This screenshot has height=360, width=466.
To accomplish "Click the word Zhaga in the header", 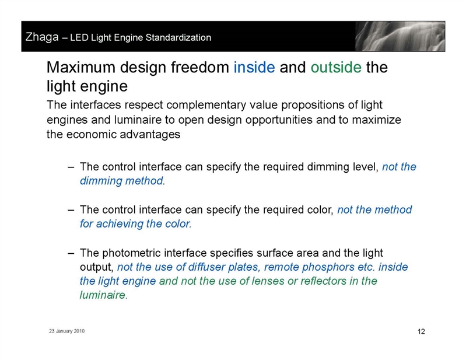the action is pyautogui.click(x=42, y=37).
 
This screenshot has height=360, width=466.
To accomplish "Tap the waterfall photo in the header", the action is pyautogui.click(x=400, y=36).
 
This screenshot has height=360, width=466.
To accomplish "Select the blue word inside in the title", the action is pyautogui.click(x=254, y=67).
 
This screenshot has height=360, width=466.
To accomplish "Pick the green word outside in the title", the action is pyautogui.click(x=336, y=67).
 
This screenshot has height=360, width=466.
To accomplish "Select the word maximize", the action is pyautogui.click(x=377, y=120).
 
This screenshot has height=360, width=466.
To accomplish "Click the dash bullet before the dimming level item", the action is pyautogui.click(x=71, y=167).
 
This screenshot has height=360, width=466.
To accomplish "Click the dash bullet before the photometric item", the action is pyautogui.click(x=71, y=253).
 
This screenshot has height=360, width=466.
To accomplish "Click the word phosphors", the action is pyautogui.click(x=328, y=267).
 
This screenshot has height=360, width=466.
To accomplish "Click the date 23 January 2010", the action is pyautogui.click(x=67, y=331).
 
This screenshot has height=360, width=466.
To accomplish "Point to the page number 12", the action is pyautogui.click(x=421, y=331).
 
